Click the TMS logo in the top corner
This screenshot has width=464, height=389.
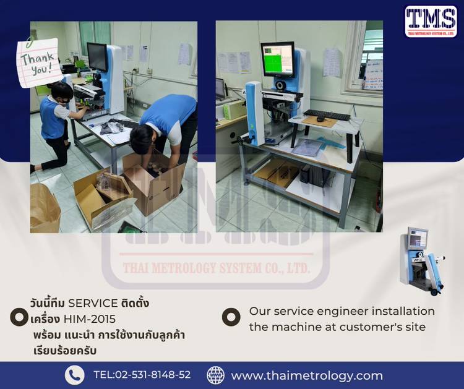(x=431, y=22)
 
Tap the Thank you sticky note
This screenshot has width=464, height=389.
(x=38, y=62)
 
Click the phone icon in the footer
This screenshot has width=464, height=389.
(x=75, y=375)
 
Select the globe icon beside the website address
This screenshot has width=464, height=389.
(x=215, y=375)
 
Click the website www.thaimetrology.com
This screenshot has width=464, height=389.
(x=307, y=375)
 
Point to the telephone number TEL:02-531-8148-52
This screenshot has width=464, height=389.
(x=142, y=375)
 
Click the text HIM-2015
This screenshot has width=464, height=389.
(x=89, y=319)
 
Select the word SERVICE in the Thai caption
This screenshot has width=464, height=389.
(x=93, y=303)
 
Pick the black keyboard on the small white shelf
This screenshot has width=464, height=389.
(x=327, y=115)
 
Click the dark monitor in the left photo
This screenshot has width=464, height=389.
(x=97, y=57)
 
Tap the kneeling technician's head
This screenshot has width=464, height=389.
(x=61, y=93)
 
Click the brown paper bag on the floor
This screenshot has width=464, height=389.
(x=45, y=208)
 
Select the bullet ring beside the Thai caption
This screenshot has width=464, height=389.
(x=19, y=317)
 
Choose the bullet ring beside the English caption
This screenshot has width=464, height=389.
(x=231, y=317)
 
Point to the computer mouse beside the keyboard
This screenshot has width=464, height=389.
(x=320, y=119)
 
